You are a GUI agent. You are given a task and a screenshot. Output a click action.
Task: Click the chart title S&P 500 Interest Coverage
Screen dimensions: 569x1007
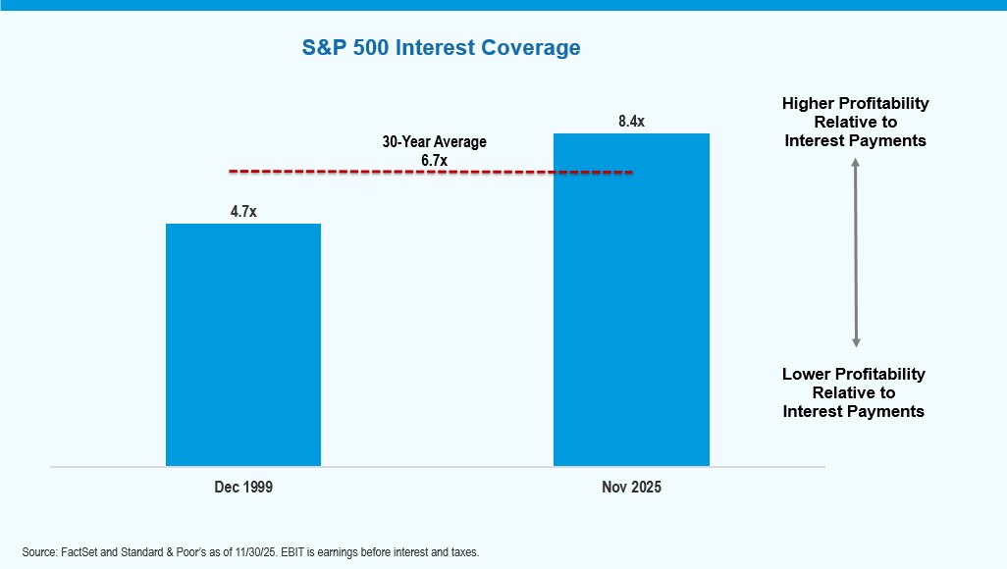click(441, 47)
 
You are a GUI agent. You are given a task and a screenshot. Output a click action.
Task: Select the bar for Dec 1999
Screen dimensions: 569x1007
click(243, 344)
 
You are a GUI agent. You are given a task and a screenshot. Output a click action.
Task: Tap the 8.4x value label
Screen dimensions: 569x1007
click(631, 121)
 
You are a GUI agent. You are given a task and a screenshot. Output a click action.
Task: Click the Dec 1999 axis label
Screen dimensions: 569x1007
click(243, 487)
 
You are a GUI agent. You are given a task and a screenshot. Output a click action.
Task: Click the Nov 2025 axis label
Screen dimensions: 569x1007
click(631, 487)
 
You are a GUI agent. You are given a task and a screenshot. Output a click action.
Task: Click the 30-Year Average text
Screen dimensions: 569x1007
click(434, 142)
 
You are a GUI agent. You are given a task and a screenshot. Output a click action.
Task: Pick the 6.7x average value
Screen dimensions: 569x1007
click(434, 159)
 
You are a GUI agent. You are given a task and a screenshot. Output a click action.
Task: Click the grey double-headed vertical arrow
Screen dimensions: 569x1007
click(856, 253)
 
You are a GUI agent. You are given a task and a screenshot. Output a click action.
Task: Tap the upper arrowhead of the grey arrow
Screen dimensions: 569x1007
click(856, 164)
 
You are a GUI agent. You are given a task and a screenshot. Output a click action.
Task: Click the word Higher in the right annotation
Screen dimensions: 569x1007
click(807, 103)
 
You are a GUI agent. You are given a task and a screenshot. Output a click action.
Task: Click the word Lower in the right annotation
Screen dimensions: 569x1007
click(805, 374)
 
